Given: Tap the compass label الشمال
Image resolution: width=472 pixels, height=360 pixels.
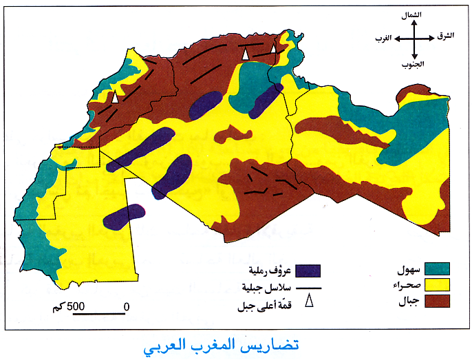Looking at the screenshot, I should [416, 14].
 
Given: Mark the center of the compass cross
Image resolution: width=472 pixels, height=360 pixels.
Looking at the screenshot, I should [416, 39].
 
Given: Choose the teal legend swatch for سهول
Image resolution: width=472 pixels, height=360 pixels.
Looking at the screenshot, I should [436, 268].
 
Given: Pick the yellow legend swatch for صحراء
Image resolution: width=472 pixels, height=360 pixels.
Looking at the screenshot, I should [436, 284].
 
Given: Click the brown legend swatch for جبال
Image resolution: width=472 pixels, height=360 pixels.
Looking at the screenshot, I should [436, 301].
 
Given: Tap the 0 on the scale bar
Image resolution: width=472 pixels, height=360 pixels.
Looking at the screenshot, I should [126, 305].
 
